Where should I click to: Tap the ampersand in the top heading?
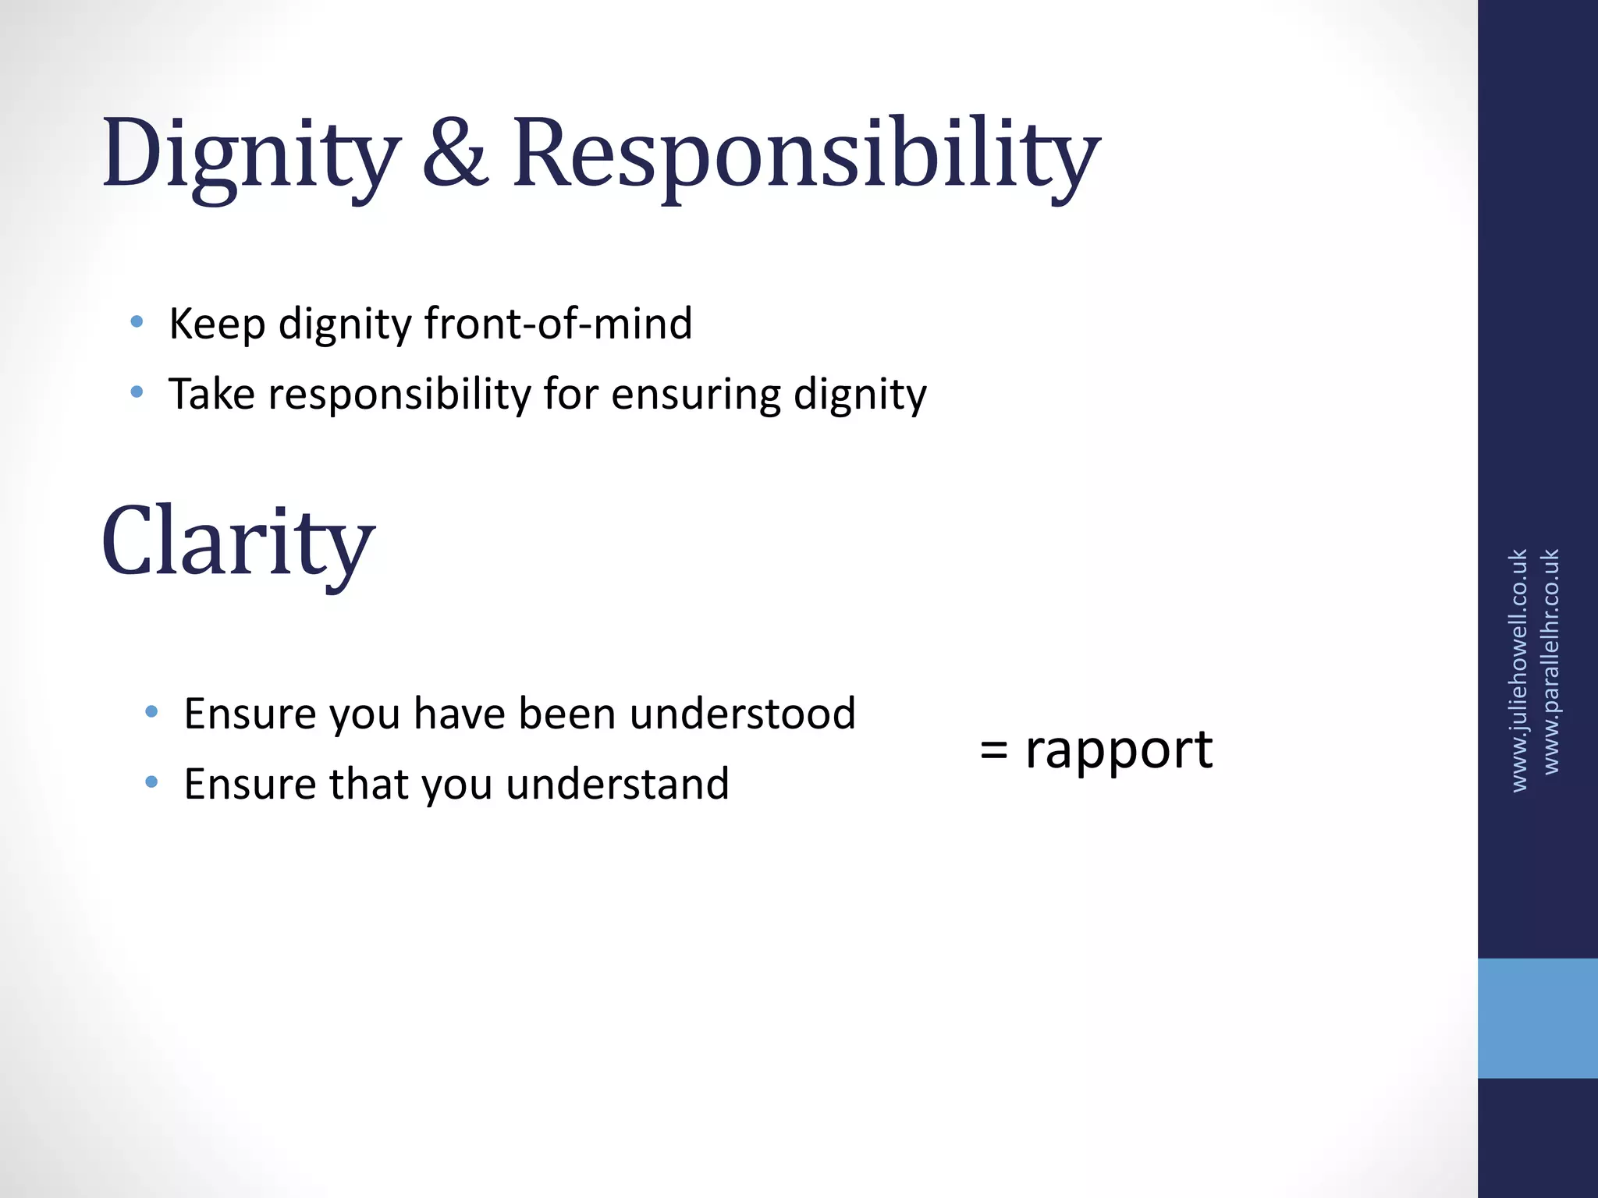click(455, 154)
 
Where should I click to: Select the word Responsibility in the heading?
click(805, 154)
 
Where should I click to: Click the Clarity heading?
click(238, 542)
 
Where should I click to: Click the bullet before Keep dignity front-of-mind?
click(137, 321)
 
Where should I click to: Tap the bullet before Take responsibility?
click(137, 392)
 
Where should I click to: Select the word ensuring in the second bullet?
click(695, 394)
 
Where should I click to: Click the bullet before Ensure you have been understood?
click(152, 711)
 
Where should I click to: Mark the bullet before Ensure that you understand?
click(152, 782)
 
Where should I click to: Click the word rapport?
click(1118, 750)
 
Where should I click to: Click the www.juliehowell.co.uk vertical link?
click(1518, 671)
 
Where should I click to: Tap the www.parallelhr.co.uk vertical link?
click(1551, 661)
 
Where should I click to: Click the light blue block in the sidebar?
click(1537, 1018)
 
